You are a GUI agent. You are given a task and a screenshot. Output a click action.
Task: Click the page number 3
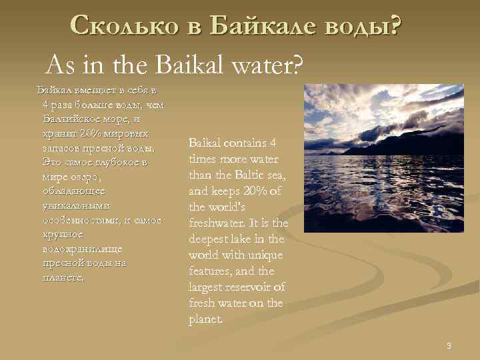pos(449,345)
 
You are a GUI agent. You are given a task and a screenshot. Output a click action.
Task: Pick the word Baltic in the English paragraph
pos(247,175)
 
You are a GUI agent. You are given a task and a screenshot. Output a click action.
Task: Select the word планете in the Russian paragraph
pos(63,277)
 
